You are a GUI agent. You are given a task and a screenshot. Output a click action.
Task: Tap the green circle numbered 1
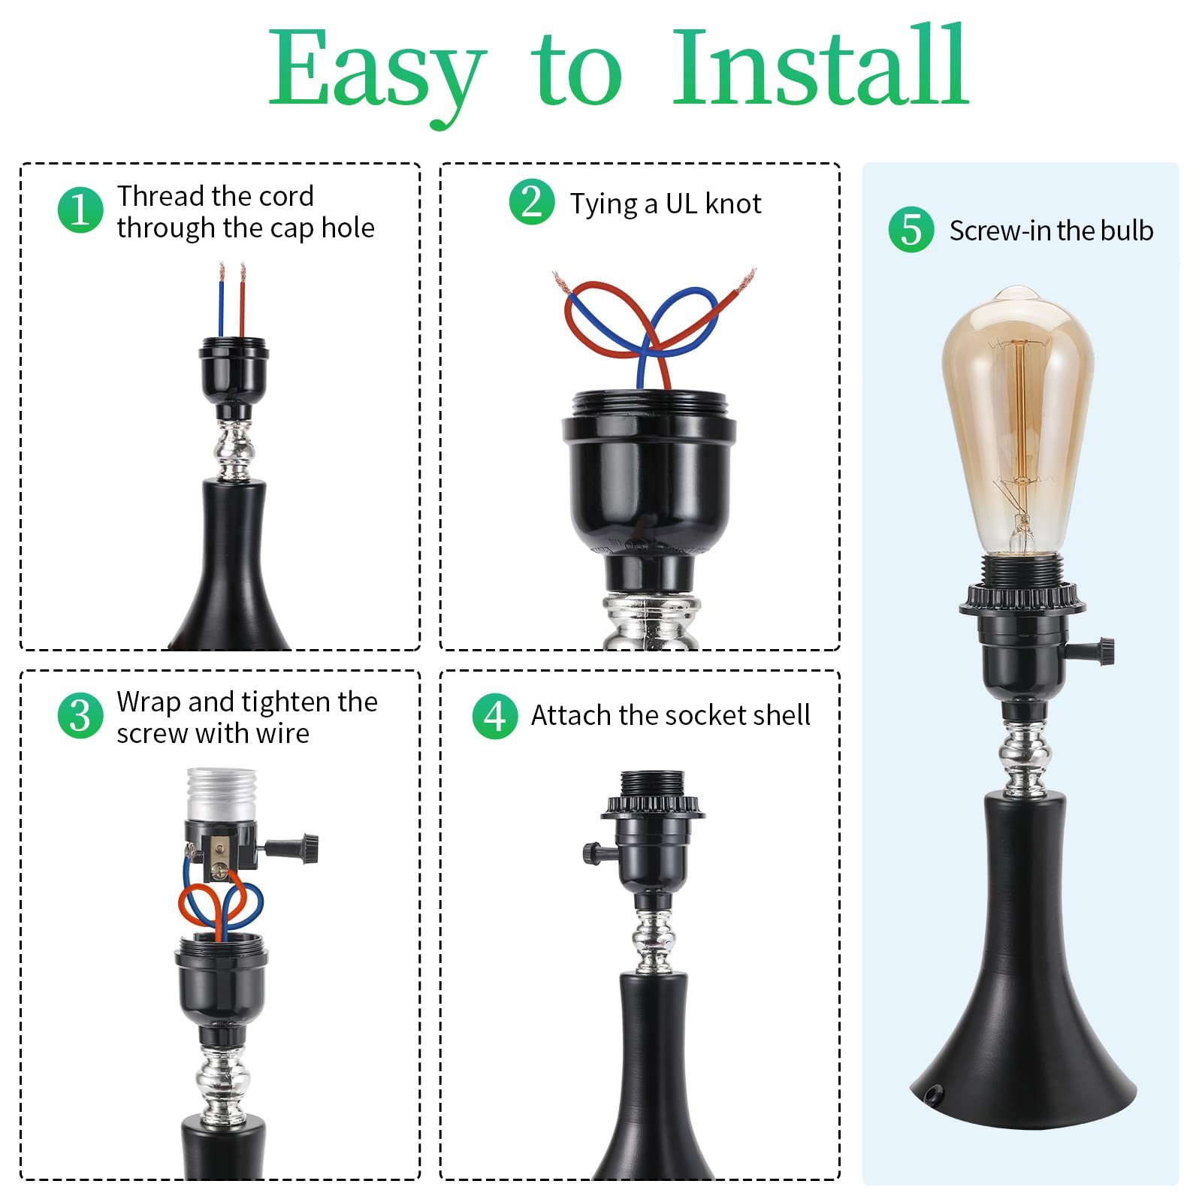point(80,210)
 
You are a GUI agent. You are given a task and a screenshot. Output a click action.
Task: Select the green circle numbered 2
point(532,202)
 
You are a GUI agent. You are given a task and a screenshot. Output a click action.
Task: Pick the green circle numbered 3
point(80,716)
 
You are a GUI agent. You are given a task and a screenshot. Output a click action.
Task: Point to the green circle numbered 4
point(495,716)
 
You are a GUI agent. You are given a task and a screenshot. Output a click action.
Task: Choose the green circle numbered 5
point(911,229)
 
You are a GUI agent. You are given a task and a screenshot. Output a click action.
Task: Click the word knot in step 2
point(732,204)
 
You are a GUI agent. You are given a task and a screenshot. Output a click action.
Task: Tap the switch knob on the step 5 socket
point(1104,650)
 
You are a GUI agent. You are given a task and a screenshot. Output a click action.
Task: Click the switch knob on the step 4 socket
point(591,853)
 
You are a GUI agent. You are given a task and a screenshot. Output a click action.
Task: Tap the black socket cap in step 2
point(649,466)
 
